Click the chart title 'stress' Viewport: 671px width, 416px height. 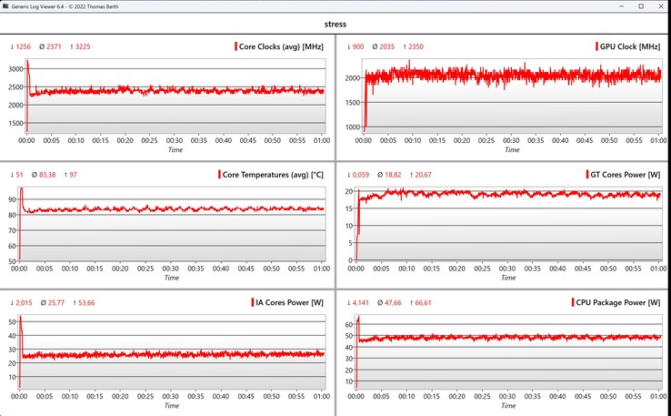335,24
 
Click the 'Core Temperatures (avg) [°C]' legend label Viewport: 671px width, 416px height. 273,174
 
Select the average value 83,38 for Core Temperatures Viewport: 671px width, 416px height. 45,174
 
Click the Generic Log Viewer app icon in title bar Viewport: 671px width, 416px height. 7,6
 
